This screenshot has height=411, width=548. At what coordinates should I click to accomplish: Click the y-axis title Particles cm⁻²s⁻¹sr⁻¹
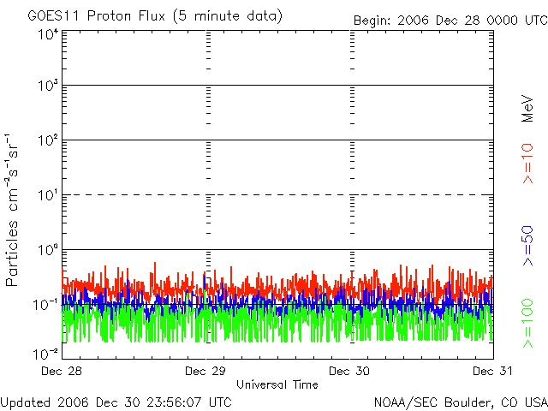(x=11, y=210)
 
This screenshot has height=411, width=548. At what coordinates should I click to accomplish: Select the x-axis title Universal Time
(x=277, y=384)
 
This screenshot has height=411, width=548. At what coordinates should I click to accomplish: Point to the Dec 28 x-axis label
(x=62, y=371)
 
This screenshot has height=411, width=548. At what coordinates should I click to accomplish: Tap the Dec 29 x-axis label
(x=205, y=371)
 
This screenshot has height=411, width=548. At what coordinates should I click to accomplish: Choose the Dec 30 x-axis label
(x=349, y=371)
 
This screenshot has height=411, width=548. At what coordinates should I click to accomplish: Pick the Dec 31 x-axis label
(x=493, y=371)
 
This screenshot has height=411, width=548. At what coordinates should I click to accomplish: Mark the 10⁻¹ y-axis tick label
(x=45, y=305)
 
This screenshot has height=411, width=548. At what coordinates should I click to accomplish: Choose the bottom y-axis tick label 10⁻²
(x=45, y=354)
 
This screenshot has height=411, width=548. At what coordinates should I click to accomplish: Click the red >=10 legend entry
(x=527, y=164)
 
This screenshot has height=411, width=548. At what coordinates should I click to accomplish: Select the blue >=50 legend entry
(x=527, y=246)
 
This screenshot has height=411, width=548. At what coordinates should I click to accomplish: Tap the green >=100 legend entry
(x=527, y=324)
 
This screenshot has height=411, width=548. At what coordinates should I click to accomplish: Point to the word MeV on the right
(x=527, y=109)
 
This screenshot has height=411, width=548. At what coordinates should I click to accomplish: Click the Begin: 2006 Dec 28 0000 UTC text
(x=450, y=21)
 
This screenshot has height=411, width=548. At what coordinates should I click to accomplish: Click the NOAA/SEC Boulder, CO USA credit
(x=461, y=402)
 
